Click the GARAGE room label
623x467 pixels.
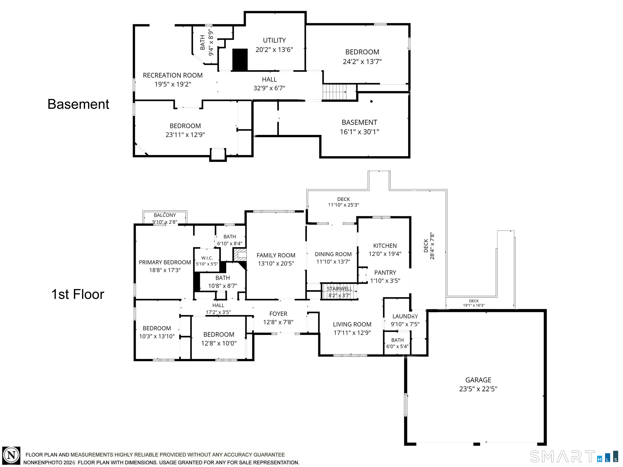point(478,380)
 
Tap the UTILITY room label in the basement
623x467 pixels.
point(274,40)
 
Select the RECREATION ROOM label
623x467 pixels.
point(173,75)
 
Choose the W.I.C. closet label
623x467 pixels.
point(207,258)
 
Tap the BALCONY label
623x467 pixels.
point(165,215)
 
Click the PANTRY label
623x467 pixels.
point(385,272)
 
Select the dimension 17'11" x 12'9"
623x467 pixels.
point(352,333)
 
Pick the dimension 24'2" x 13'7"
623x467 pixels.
point(362,62)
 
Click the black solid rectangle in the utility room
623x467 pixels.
point(240,60)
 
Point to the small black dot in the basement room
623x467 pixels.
point(372,101)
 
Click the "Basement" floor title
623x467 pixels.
point(78,104)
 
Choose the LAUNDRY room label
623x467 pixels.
point(405,316)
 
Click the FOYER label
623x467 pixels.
point(278,314)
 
